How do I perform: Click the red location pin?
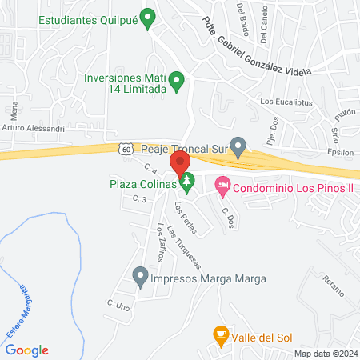point(176,164)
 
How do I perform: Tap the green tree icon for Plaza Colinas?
point(187,183)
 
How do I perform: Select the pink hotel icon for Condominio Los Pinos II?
point(222,187)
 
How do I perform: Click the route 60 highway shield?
point(126,148)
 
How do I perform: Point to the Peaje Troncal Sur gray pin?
point(238,146)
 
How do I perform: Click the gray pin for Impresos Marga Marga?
point(141,278)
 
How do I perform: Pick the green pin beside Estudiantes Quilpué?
point(147,18)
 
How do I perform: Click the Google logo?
point(27,350)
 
